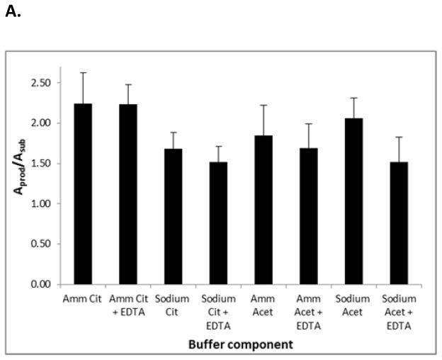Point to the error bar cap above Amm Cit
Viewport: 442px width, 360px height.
pyautogui.click(x=83, y=72)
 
